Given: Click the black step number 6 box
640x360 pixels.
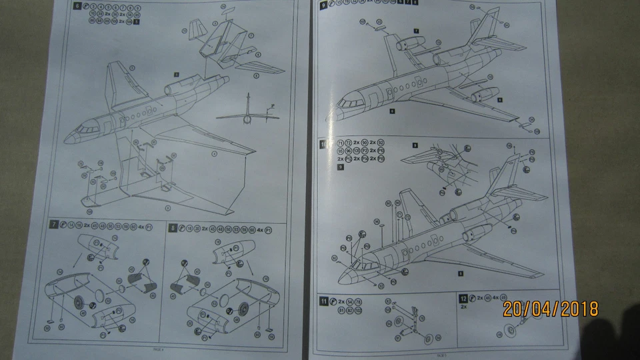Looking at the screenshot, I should [x=78, y=7].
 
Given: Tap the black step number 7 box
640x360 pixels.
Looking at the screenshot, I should [x=54, y=225].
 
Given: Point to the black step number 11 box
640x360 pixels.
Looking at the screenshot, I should [x=324, y=301].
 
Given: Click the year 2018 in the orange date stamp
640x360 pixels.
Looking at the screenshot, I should [x=577, y=309].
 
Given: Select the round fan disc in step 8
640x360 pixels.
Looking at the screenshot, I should [x=242, y=308].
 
